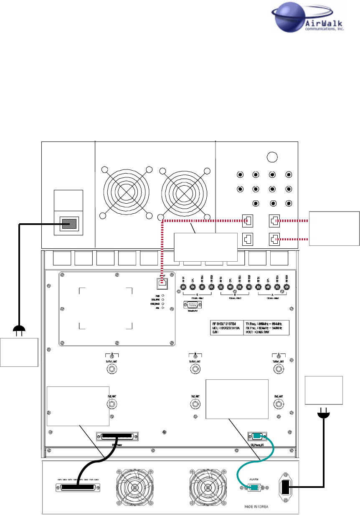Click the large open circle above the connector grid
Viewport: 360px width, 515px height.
(x=272, y=157)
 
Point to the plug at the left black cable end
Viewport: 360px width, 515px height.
(x=19, y=332)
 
